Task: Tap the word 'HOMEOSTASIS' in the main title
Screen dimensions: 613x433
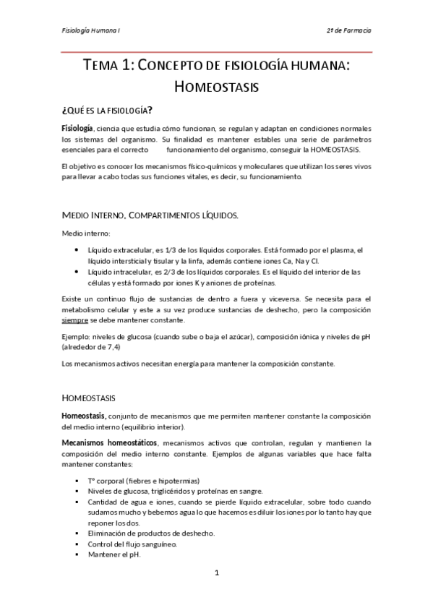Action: tap(217, 87)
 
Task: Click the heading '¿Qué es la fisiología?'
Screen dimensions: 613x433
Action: tap(107, 110)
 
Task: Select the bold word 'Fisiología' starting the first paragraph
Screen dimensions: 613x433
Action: tap(77, 128)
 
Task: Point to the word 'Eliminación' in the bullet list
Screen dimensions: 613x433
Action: tap(107, 533)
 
